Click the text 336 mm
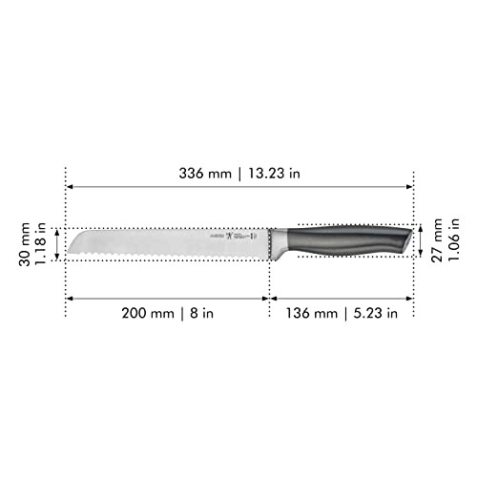[205, 175]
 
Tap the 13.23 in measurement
[271, 175]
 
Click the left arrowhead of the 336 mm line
[70, 187]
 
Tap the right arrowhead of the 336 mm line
[409, 187]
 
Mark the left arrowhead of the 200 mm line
[70, 297]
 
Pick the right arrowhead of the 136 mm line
[409, 297]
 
